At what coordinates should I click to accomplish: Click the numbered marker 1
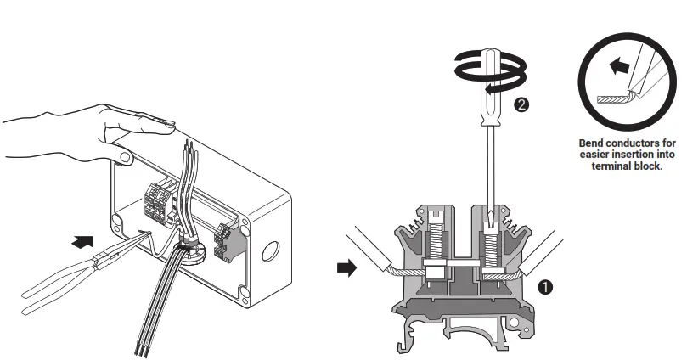click(545, 287)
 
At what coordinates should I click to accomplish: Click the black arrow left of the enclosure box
click(81, 241)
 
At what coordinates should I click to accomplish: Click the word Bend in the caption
click(594, 143)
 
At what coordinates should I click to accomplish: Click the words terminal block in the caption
click(627, 166)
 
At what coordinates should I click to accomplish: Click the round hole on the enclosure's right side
click(271, 250)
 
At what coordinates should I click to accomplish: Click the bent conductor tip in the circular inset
click(613, 98)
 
